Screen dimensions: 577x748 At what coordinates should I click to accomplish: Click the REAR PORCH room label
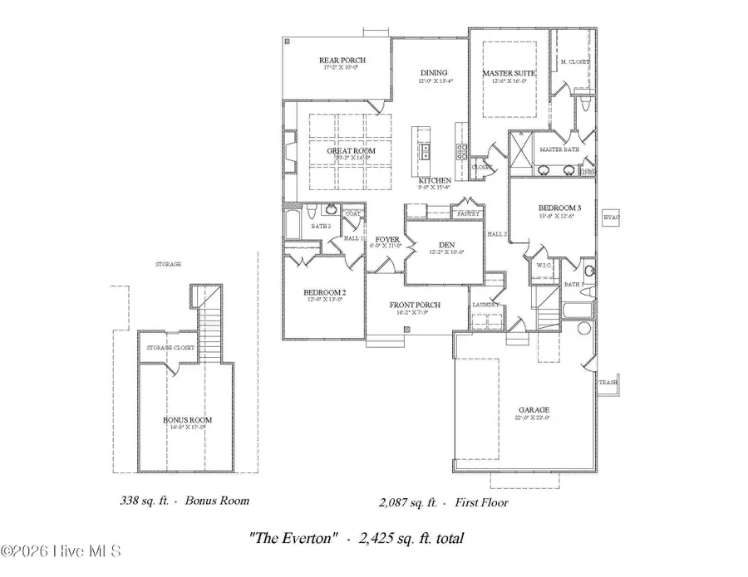[x=342, y=61]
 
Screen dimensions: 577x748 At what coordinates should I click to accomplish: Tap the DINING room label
[x=433, y=73]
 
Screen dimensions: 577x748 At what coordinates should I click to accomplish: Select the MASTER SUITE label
[x=509, y=74]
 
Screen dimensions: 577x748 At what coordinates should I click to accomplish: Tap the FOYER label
[x=386, y=240]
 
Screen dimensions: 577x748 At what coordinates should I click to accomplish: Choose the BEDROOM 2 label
[x=320, y=292]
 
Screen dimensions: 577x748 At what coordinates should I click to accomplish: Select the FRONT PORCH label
[x=415, y=306]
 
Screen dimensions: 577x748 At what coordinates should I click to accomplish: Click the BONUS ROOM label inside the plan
[x=187, y=420]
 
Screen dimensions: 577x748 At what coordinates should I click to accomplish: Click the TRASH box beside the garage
[x=608, y=383]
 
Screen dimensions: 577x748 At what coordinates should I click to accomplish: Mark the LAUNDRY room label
[x=486, y=305]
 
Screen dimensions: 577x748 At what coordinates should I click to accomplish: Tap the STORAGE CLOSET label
[x=170, y=347]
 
